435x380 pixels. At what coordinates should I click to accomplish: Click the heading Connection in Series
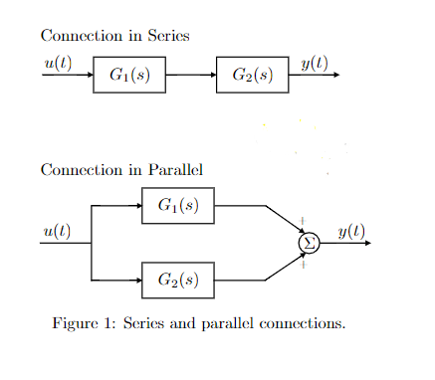click(x=114, y=36)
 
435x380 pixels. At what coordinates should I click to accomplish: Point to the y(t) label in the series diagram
click(x=315, y=64)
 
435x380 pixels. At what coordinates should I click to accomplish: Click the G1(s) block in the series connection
click(x=129, y=75)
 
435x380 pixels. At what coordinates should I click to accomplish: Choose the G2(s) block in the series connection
click(x=253, y=75)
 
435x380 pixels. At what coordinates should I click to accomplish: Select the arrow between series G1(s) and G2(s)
click(x=191, y=75)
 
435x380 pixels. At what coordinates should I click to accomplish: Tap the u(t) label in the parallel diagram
click(x=58, y=232)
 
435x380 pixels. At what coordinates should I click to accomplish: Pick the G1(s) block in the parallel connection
click(x=178, y=206)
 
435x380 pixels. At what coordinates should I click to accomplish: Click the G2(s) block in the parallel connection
click(x=178, y=281)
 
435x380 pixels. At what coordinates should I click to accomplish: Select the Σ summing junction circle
click(x=309, y=243)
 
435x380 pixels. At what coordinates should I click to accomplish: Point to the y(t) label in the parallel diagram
click(x=351, y=232)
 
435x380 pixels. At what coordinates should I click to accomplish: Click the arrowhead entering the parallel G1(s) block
click(x=137, y=206)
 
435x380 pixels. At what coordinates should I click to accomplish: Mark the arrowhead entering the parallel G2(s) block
click(x=137, y=281)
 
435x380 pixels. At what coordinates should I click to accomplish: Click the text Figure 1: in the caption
click(x=84, y=324)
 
